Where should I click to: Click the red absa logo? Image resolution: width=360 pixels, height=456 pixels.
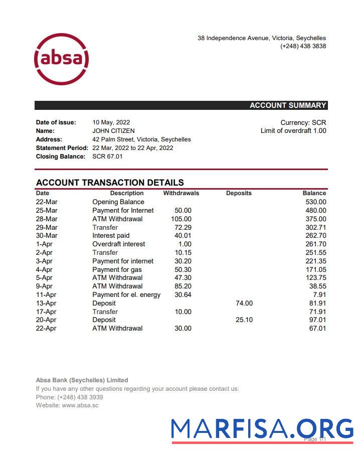click(61, 59)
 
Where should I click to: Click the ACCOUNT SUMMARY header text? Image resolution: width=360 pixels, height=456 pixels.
click(288, 105)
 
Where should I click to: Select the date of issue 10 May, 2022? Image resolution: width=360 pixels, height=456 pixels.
click(111, 122)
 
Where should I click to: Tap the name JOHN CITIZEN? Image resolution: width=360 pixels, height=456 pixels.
click(113, 131)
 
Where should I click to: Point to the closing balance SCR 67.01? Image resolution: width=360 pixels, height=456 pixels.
click(107, 157)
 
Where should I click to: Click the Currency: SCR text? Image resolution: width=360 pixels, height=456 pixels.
click(303, 122)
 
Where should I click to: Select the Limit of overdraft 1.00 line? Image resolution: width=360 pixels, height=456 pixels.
click(293, 131)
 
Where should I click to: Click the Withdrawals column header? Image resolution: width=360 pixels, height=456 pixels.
click(181, 193)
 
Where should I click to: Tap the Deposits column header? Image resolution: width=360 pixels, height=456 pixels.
click(239, 193)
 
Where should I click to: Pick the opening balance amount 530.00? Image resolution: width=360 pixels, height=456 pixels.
click(316, 202)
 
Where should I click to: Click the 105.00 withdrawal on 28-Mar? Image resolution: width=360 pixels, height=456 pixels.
click(181, 219)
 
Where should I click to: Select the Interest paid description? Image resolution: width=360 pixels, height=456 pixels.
click(111, 236)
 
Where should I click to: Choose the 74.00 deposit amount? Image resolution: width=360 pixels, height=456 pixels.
click(244, 303)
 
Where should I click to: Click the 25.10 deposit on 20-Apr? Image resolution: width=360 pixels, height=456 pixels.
click(244, 320)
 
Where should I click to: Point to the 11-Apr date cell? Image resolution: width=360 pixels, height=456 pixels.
click(46, 295)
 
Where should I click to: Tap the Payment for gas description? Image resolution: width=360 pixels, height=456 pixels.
click(117, 269)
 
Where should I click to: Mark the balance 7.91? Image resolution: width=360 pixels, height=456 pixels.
click(319, 295)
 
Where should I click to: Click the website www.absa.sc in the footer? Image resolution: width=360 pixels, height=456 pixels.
click(80, 405)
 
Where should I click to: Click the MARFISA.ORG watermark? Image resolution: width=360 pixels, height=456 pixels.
click(262, 429)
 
